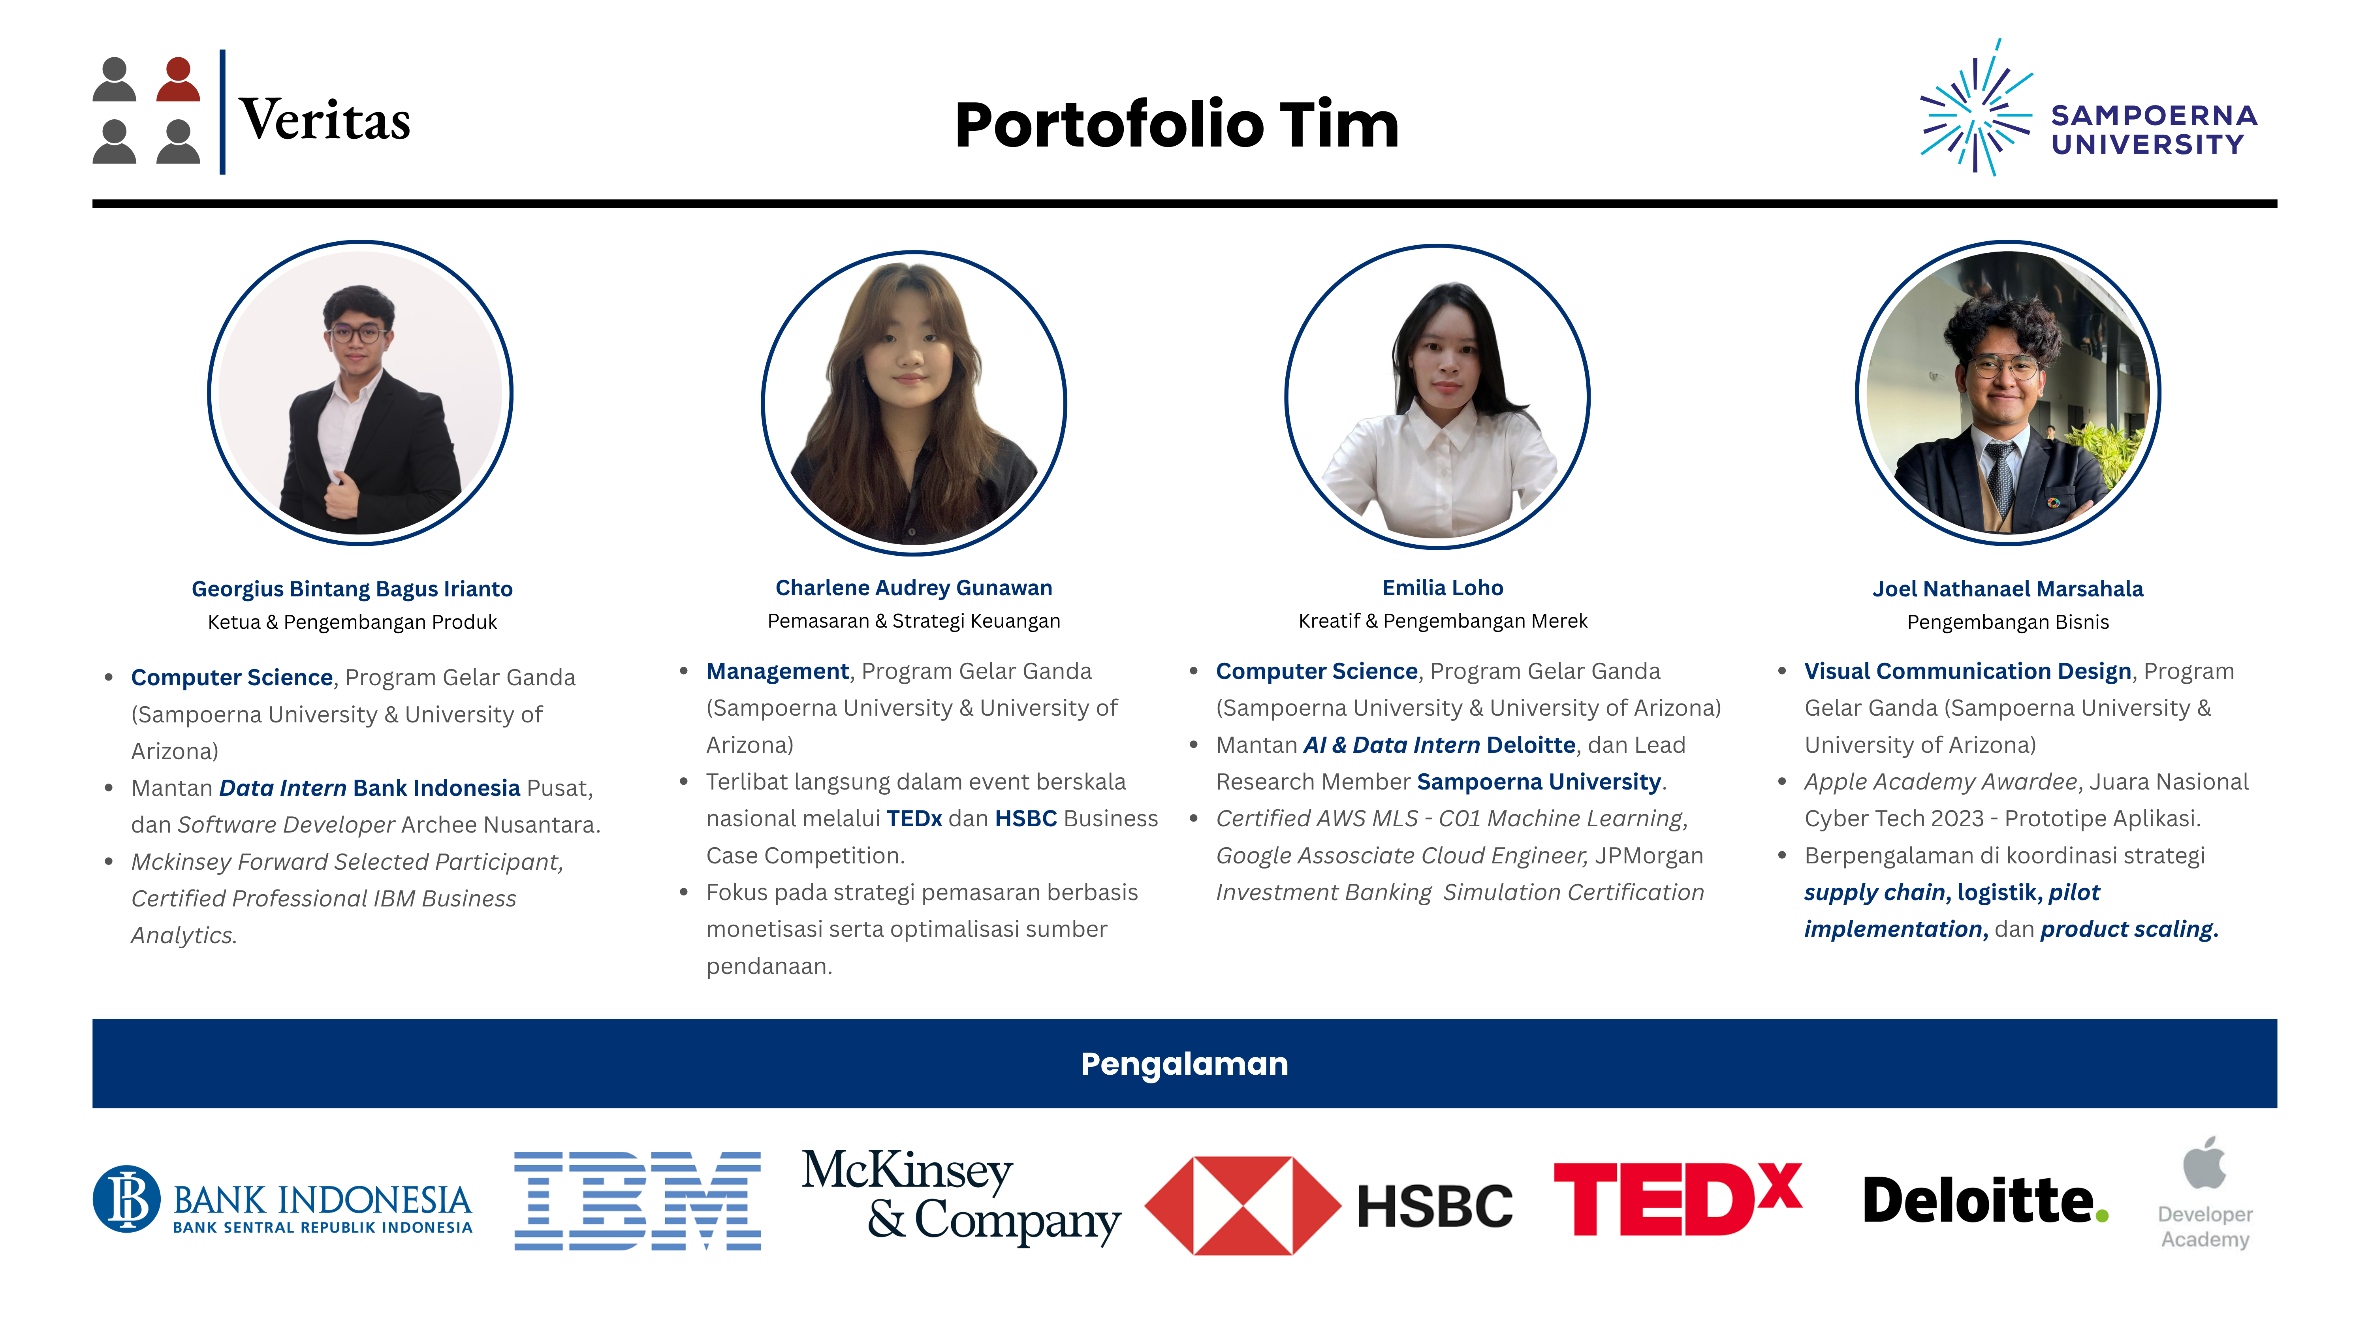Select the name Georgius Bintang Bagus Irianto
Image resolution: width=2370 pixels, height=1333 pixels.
(352, 589)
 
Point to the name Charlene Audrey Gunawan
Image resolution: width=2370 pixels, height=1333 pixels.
(914, 588)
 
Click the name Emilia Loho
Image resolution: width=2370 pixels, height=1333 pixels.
(1443, 588)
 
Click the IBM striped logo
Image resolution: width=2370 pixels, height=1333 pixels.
(638, 1201)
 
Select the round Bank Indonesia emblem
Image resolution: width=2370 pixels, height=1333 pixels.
(127, 1199)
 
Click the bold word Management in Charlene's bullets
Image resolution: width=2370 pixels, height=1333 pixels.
(777, 671)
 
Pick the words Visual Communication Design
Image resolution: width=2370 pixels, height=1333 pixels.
(1968, 671)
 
